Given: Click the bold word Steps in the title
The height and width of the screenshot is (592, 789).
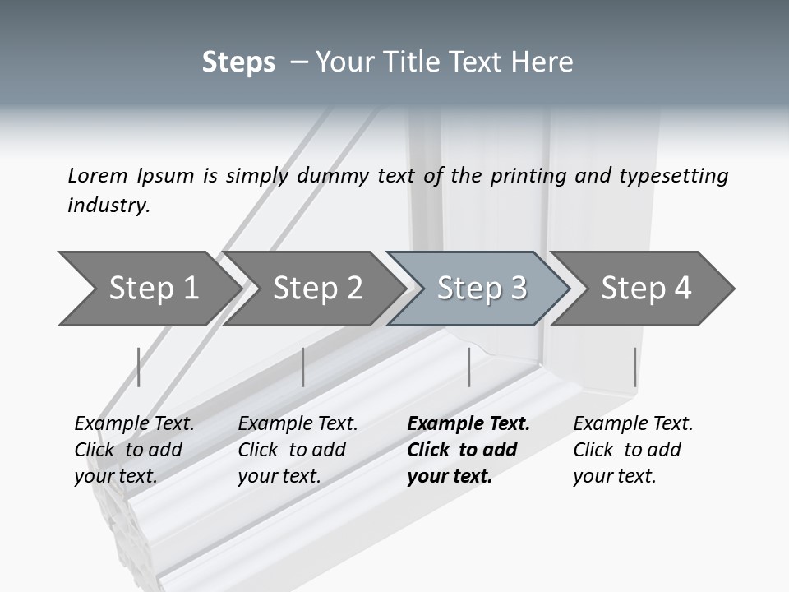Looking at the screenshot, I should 238,62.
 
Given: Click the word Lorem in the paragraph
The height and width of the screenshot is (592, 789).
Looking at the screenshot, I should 98,175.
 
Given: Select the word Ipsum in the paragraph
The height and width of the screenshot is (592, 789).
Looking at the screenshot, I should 168,175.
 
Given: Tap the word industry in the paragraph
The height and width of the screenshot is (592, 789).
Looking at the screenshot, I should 108,205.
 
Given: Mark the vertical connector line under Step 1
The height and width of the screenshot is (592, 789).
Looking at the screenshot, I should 139,367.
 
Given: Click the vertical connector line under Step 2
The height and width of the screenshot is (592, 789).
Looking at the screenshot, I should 303,367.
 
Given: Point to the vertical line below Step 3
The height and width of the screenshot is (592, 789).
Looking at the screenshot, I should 468,367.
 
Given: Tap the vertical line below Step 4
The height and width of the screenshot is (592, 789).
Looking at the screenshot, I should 634,367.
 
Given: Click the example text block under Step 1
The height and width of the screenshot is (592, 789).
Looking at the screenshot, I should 134,450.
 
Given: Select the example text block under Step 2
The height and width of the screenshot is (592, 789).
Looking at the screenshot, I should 298,450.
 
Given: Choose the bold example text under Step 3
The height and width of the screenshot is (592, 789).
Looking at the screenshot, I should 468,450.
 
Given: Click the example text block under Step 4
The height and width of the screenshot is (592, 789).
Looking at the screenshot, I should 633,450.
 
